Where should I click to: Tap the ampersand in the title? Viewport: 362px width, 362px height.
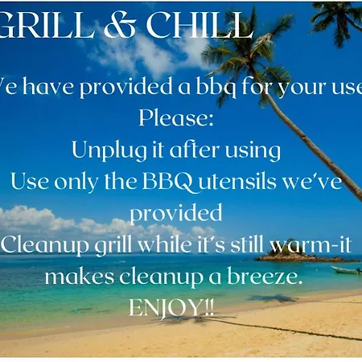coord(120,25)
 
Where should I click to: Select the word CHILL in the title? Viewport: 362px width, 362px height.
coord(200,25)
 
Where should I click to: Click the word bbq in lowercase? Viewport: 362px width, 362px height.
coord(216,87)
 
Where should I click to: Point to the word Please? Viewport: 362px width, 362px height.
coord(176,118)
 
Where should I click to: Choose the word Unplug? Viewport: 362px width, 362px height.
coord(109,150)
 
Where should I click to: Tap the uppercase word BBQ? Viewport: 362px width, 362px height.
coord(168,182)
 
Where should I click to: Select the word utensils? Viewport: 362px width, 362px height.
coord(237,181)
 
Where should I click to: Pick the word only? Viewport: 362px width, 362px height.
coord(76,182)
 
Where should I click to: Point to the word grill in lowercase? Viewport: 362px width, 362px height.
coord(113,245)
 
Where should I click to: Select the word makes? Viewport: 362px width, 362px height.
coord(80,276)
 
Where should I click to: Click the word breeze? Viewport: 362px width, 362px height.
coord(265,276)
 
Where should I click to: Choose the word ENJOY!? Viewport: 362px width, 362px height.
coord(171,308)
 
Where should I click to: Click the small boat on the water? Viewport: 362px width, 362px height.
coord(347,270)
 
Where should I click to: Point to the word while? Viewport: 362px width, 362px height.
coord(166,245)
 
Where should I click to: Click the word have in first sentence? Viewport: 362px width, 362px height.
coord(48,86)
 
